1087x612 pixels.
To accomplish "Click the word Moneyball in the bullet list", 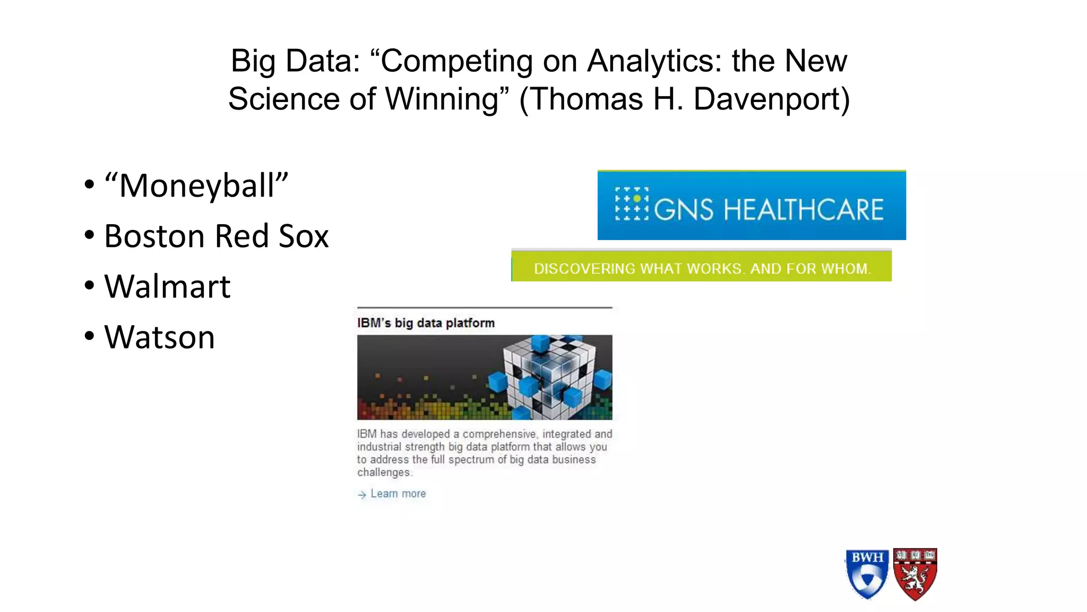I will click(x=196, y=186).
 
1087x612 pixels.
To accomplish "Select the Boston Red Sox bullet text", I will click(x=216, y=236).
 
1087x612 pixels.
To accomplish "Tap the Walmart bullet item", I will click(x=167, y=287).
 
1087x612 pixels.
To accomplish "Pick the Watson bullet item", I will click(x=159, y=337).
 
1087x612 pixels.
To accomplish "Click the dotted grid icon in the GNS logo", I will click(x=632, y=203).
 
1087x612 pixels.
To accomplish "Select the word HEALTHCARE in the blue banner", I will click(x=804, y=209).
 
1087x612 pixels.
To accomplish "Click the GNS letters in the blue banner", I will click(x=684, y=209).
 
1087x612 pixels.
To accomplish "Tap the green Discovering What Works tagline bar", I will click(x=702, y=268).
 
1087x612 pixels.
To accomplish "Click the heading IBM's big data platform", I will click(x=426, y=323).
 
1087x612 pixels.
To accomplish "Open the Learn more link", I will click(x=398, y=494).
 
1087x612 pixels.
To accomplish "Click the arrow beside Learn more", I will click(x=362, y=495).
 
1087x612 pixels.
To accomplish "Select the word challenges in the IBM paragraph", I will click(x=384, y=472).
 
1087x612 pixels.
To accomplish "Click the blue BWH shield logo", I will click(x=867, y=574).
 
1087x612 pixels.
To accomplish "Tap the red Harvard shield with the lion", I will click(x=915, y=574).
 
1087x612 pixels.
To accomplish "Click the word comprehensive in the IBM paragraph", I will click(x=499, y=434).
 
